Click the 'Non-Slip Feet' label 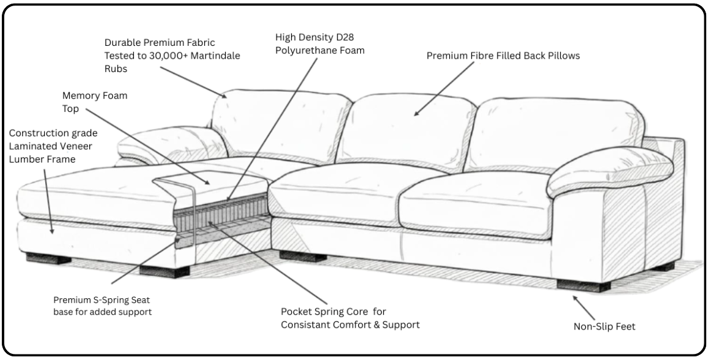click(x=604, y=326)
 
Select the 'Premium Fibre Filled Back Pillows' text click(x=503, y=56)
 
